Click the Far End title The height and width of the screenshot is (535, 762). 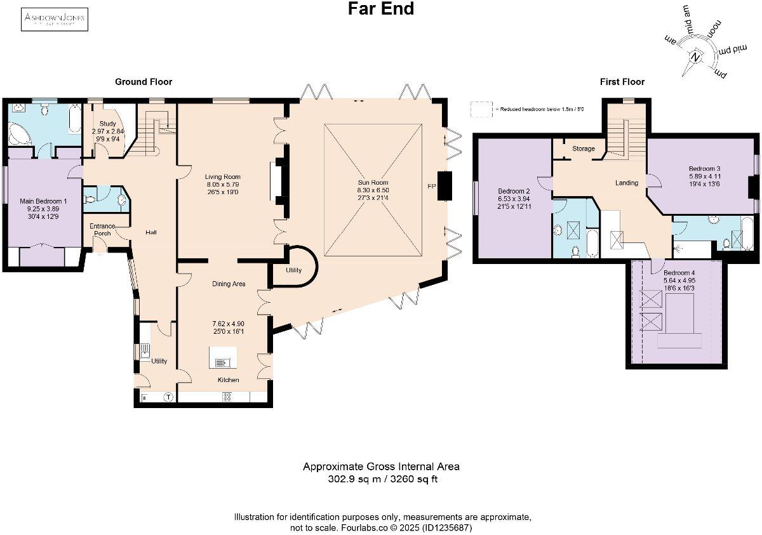point(381,9)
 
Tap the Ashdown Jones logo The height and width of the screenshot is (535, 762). point(55,20)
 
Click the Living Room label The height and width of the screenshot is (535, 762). point(222,177)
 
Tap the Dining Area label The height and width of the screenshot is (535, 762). point(229,284)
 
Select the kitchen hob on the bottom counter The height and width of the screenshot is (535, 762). point(227,397)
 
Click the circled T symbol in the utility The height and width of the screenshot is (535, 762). point(168,398)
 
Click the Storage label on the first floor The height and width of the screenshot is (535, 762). point(584,149)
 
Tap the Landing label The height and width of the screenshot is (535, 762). point(627,183)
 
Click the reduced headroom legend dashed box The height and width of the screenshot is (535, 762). point(481,109)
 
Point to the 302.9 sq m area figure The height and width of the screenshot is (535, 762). point(350,479)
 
